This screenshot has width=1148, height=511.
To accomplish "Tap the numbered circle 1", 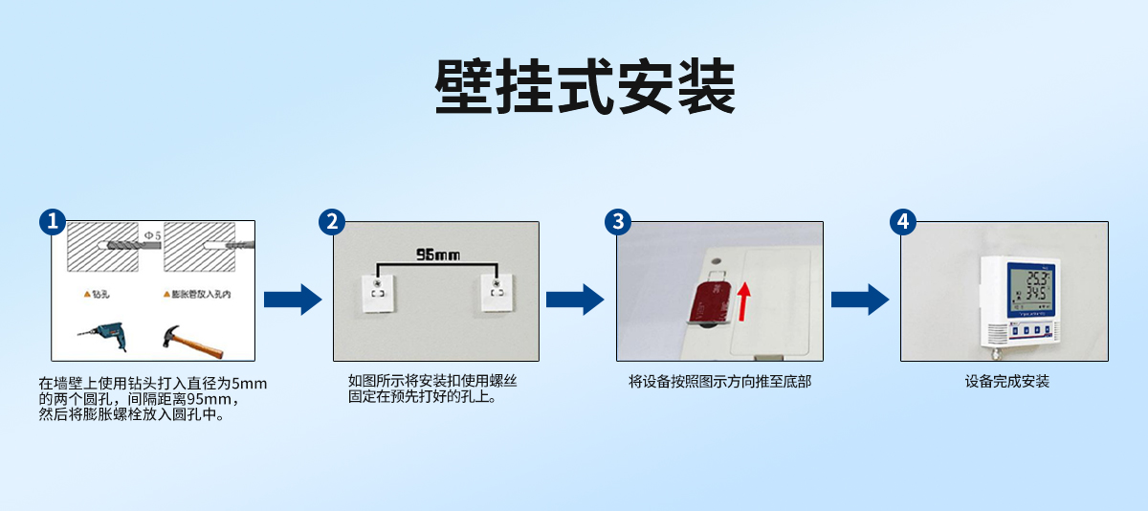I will (52, 222).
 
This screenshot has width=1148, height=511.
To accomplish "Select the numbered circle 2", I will (331, 222).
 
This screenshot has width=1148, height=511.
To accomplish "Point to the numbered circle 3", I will (618, 222).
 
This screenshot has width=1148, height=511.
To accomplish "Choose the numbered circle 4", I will (902, 222).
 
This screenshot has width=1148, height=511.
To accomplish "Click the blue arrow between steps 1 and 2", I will (292, 300).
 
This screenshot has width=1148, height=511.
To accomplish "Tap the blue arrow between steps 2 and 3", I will (575, 300).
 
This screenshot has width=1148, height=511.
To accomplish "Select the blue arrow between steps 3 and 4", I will (859, 300).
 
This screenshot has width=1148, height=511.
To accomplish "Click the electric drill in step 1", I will (101, 335).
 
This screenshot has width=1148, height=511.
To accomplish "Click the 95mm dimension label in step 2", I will (437, 255).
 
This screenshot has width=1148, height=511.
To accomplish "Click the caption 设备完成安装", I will (1007, 382).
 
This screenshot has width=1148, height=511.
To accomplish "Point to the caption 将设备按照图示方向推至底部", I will (720, 382).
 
